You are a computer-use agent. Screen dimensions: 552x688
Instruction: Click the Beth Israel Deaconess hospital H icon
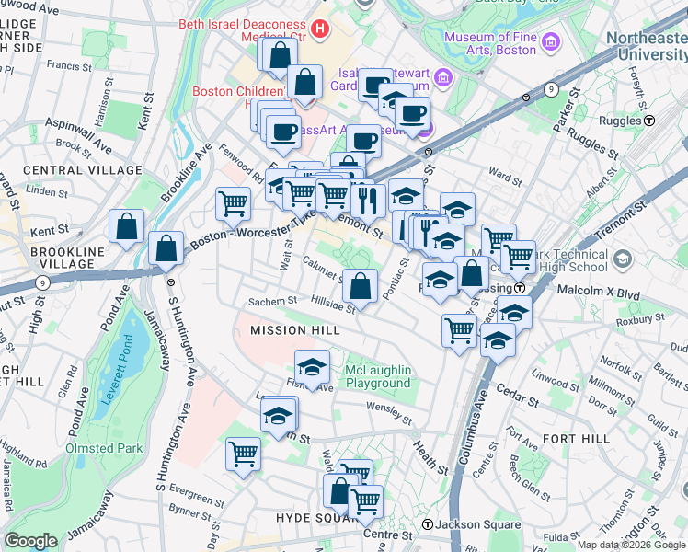319,29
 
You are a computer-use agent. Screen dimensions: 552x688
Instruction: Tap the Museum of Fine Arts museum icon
551,41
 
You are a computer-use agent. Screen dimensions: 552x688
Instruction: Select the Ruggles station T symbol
648,120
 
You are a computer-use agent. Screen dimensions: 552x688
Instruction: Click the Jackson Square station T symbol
427,524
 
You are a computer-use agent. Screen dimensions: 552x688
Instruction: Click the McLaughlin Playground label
377,376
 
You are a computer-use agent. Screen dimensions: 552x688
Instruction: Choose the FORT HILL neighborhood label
577,439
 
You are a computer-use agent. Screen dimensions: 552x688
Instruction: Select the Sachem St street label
272,301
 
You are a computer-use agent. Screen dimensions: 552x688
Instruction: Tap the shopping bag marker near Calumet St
362,284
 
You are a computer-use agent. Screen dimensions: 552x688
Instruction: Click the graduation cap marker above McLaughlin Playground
312,368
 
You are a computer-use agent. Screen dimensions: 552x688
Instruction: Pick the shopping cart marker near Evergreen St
243,453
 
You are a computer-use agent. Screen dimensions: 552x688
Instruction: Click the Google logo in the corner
30,541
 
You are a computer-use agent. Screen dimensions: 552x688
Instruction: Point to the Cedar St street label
519,399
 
